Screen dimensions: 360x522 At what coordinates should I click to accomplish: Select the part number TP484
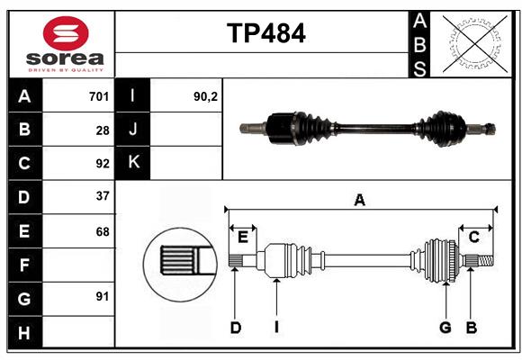click(266, 33)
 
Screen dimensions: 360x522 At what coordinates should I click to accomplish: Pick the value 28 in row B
click(103, 130)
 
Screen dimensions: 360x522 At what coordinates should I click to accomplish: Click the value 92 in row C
click(103, 164)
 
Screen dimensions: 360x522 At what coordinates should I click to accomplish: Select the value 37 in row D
click(103, 196)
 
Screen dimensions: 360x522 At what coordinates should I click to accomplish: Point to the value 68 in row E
click(103, 231)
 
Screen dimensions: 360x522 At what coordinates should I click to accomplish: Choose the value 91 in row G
click(103, 296)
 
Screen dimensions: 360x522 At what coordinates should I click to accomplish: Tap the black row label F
click(24, 265)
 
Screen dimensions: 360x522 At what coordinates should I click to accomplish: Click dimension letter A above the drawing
click(360, 201)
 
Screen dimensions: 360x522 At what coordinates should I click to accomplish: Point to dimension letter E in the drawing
click(242, 236)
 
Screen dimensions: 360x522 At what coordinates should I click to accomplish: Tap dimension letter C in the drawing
click(473, 236)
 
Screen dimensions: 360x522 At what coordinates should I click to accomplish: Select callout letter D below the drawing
click(235, 328)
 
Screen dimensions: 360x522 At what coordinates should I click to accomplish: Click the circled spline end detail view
click(178, 262)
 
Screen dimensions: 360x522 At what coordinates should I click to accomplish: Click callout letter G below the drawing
click(445, 328)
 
